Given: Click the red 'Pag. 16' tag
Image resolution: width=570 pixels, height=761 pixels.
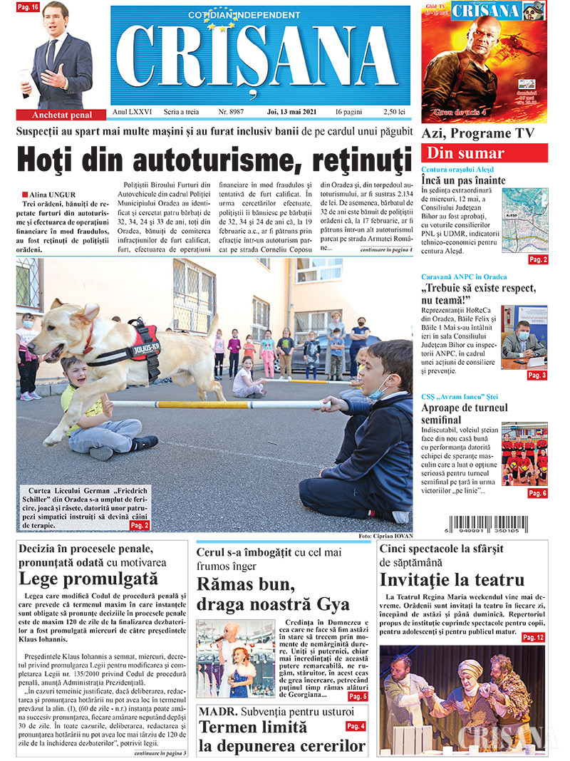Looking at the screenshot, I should pyautogui.click(x=28, y=7).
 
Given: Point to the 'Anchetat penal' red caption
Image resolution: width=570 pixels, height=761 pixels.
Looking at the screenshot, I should pyautogui.click(x=63, y=115).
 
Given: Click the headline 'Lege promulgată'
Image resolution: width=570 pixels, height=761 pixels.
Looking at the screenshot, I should pyautogui.click(x=88, y=579).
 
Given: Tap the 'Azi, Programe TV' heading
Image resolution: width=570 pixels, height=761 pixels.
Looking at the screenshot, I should pyautogui.click(x=476, y=133).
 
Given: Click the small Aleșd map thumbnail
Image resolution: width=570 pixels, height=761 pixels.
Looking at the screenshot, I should pyautogui.click(x=524, y=219).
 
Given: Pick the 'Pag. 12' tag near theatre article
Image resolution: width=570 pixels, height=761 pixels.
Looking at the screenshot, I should pyautogui.click(x=533, y=637).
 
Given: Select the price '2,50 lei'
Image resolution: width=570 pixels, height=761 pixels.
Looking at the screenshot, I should pyautogui.click(x=394, y=112).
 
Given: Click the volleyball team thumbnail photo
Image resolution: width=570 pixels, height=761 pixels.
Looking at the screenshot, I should pyautogui.click(x=524, y=454).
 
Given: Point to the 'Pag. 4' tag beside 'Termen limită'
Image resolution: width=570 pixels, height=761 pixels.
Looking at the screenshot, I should pyautogui.click(x=356, y=726).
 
